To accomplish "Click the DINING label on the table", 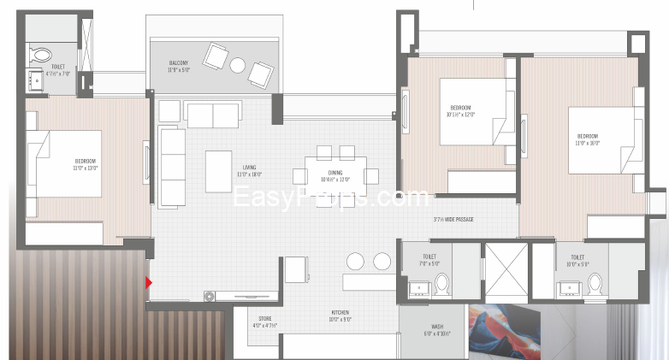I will (x=329, y=175).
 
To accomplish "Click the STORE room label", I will (x=264, y=322).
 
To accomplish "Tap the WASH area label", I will (x=436, y=329).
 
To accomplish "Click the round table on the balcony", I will (x=238, y=64).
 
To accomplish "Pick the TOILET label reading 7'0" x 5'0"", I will (x=429, y=260).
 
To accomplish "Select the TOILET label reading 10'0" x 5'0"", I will (x=571, y=260).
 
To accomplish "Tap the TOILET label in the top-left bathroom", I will (x=58, y=69).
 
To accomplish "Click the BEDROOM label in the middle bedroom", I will (x=460, y=110).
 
